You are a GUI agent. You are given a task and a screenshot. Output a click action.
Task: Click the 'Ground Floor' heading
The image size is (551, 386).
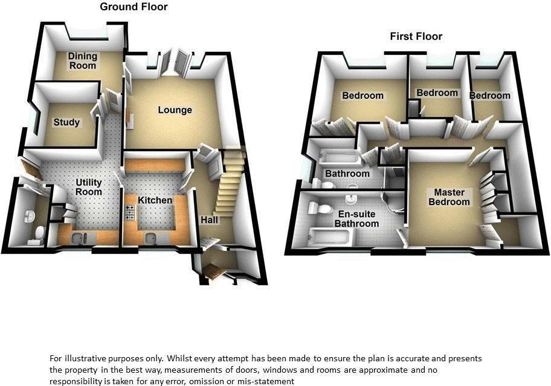coord(134,7)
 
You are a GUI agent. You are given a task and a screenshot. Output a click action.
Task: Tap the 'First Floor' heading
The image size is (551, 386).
coord(416,37)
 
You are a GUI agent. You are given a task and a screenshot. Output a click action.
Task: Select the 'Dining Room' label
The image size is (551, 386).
coord(82,60)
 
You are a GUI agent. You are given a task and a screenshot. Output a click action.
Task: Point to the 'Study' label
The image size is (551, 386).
coord(66,122)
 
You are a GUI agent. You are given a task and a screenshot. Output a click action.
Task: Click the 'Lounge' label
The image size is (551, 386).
coord(175,110)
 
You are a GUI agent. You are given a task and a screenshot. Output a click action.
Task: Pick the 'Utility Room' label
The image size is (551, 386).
coord(88,187)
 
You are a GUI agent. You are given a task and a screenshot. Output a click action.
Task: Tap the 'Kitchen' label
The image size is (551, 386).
coord(155,200)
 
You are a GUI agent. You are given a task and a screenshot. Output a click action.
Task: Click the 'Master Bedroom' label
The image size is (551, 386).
coord(449,197)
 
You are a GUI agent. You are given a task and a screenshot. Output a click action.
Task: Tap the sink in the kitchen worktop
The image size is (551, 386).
coord(151,239)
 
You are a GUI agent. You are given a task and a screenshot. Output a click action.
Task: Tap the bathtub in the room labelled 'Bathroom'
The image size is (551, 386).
coord(337,158)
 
